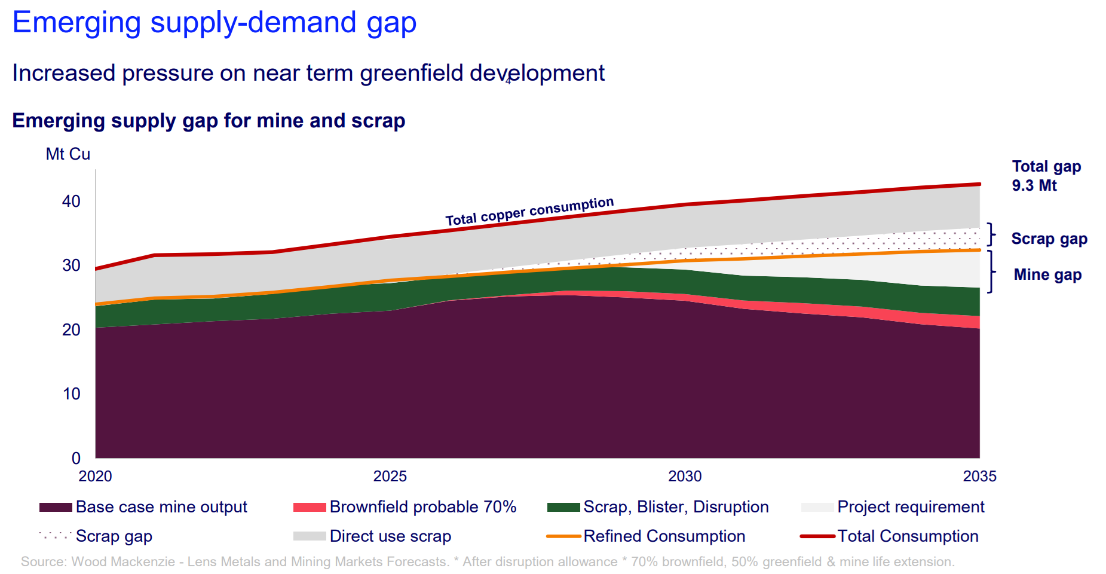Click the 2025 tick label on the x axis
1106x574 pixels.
pos(390,477)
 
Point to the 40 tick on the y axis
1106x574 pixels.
pos(71,201)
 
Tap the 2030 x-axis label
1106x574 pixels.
pos(685,477)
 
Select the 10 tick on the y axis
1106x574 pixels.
pos(71,394)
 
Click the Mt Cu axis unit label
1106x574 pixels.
pos(68,154)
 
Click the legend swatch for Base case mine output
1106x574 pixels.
pos(56,508)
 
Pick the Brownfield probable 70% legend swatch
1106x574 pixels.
pos(310,508)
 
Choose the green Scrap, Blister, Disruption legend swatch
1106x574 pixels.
pos(563,508)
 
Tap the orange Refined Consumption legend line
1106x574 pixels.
pos(563,536)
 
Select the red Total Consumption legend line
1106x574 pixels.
pos(817,536)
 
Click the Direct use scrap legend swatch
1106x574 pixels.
pos(310,536)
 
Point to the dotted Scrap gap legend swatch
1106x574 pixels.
pos(56,536)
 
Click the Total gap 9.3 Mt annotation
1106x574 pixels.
pos(1046,176)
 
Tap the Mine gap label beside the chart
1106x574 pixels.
pos(1047,275)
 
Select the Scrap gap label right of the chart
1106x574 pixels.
pos(1049,239)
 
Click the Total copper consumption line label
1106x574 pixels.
pos(529,212)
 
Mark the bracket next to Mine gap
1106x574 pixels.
pos(991,271)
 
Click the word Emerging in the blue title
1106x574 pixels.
pos(76,23)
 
